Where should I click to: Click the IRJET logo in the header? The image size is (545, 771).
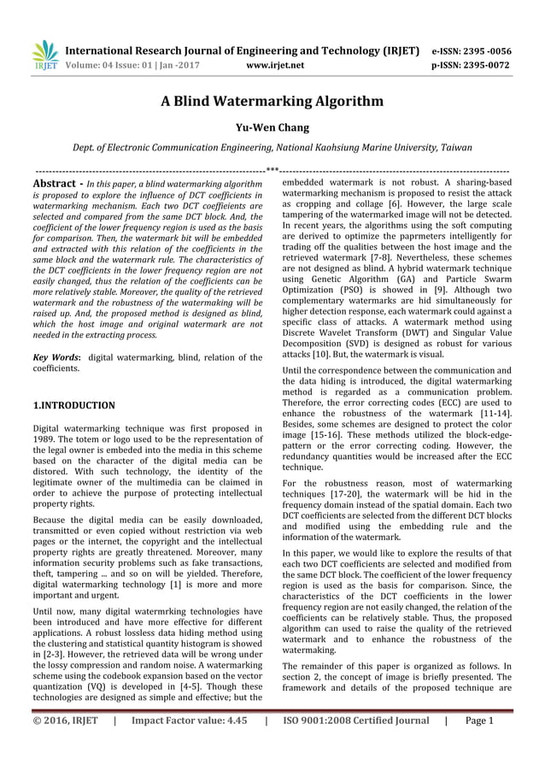pos(44,56)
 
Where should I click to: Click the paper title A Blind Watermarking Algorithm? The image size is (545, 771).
pos(272,102)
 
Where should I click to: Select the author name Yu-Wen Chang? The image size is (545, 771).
pos(272,128)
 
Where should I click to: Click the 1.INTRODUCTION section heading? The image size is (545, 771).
pos(73,404)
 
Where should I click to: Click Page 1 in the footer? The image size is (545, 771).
pos(479,721)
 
